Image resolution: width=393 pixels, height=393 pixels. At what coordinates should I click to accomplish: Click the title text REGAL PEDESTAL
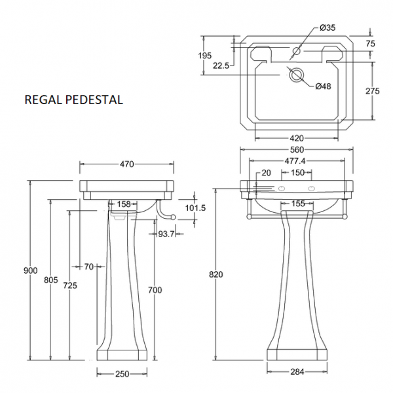[73, 100]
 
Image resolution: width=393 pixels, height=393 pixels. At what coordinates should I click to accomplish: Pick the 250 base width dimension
[122, 373]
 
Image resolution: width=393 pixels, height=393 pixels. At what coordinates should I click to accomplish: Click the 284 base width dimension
[297, 372]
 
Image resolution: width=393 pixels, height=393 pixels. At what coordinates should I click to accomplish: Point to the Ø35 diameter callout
[328, 28]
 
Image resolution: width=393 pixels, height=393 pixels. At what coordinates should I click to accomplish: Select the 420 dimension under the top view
[297, 138]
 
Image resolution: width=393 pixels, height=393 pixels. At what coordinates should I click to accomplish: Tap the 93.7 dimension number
[165, 234]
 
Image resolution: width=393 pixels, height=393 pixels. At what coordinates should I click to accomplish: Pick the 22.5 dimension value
[220, 65]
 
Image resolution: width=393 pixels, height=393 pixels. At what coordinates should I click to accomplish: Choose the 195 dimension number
[204, 56]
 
